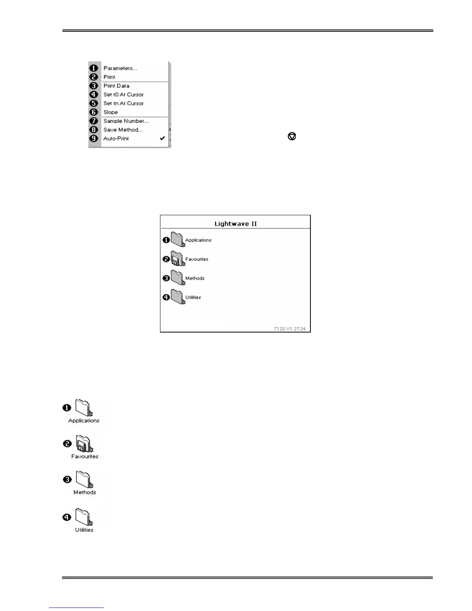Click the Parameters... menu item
(x=120, y=68)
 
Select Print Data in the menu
(x=116, y=86)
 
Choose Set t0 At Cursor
(x=123, y=95)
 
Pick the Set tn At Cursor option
(x=123, y=103)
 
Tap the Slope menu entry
(x=111, y=112)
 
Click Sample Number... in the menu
(x=126, y=121)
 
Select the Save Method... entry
(x=123, y=130)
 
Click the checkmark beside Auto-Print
(x=162, y=138)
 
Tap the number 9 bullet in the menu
(x=94, y=138)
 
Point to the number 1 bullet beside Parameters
(x=94, y=68)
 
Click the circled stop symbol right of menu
(x=292, y=136)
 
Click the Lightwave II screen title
(x=235, y=224)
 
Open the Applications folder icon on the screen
(x=178, y=240)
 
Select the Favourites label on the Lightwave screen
(x=197, y=259)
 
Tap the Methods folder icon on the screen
(x=178, y=277)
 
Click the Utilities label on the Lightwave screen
(x=193, y=297)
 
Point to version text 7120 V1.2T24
(x=290, y=329)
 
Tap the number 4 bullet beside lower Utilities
(x=67, y=517)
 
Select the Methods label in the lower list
(x=85, y=493)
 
